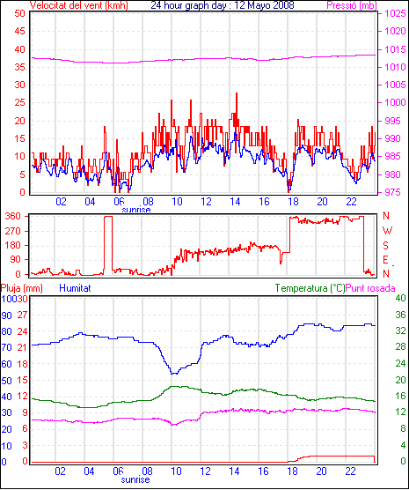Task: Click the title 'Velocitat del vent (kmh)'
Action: [x=78, y=5]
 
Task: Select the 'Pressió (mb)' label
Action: [x=352, y=5]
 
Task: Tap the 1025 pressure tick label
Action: [x=395, y=14]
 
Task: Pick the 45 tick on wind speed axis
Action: [x=20, y=31]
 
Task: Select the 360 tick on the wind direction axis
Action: [x=13, y=216]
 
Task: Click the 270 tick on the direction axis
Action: [x=13, y=231]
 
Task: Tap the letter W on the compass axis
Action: [x=387, y=231]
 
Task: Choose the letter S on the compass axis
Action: [x=386, y=246]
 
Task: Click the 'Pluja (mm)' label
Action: [x=21, y=288]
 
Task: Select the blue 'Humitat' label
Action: [x=75, y=288]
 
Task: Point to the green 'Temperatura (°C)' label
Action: [x=310, y=288]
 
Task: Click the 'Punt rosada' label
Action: [x=370, y=288]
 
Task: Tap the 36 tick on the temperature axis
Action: [x=400, y=315]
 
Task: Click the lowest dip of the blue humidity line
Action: [x=172, y=374]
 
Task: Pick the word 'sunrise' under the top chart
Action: [x=136, y=210]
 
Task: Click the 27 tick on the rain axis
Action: [x=23, y=315]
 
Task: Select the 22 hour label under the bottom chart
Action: [x=350, y=471]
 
